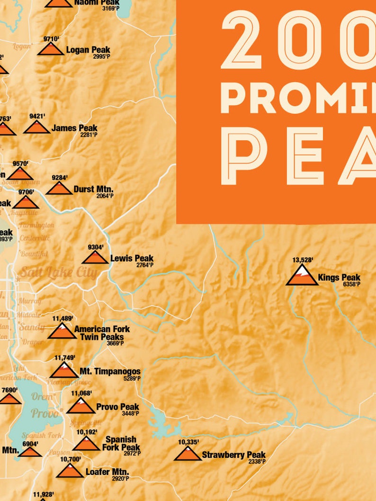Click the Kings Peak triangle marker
coord(302,276)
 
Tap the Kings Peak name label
coord(339,277)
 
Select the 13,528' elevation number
coord(303,259)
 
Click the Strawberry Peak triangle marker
coord(188,454)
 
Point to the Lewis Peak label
coord(132,258)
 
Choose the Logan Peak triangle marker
coord(51,49)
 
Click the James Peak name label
coord(74,128)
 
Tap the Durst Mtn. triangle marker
coord(59,189)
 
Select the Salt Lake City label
coord(58,273)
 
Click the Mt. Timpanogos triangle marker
coord(64,371)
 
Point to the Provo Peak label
coord(117,407)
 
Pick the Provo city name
coord(45,413)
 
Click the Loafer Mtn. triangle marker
coord(70,471)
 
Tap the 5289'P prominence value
coord(130,378)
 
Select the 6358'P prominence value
coord(352,284)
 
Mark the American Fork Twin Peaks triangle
coord(62,332)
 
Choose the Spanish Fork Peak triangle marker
coord(86,444)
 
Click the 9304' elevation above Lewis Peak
coord(95,247)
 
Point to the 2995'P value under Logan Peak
coord(102,56)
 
